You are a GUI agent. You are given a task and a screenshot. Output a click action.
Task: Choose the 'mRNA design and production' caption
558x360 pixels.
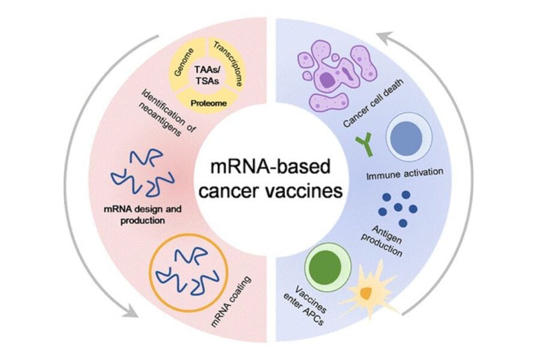click(x=142, y=215)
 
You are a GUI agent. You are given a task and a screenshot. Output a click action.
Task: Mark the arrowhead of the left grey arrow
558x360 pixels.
click(x=128, y=312)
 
